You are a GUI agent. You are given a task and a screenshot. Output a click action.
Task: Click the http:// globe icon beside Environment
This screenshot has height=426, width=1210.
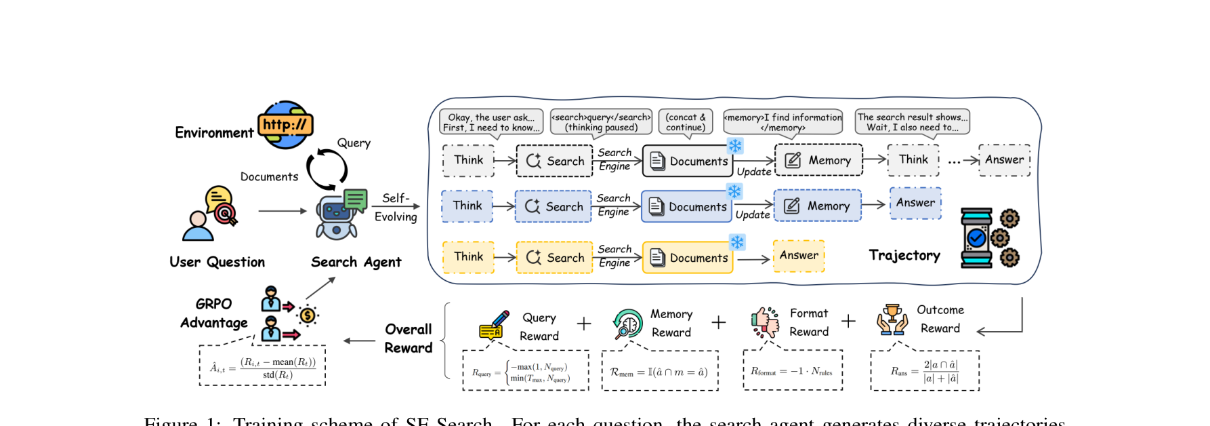click(286, 125)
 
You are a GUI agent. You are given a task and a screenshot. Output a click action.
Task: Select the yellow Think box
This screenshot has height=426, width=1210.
click(468, 257)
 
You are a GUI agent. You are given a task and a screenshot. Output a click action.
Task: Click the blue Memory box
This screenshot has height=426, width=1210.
click(818, 206)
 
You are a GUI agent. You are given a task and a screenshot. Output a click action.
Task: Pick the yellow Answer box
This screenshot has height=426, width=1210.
click(799, 256)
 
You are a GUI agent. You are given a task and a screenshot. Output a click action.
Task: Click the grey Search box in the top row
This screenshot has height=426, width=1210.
click(554, 161)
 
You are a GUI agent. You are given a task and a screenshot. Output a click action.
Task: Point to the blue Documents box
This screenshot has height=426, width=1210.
click(687, 207)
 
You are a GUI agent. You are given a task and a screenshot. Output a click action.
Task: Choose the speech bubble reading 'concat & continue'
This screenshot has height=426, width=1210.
click(685, 122)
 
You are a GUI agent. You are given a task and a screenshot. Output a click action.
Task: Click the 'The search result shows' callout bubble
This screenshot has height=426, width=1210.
click(912, 122)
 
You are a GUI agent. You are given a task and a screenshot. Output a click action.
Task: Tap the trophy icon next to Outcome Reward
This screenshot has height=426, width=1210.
click(892, 319)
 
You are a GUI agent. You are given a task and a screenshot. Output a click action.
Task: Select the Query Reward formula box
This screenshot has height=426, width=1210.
click(526, 370)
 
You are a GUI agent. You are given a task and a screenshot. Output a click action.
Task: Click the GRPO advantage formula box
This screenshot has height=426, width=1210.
click(262, 366)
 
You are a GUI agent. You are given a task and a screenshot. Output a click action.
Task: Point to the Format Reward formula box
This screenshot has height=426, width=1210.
click(793, 370)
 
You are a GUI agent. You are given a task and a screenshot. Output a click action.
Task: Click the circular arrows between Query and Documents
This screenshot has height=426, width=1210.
click(327, 169)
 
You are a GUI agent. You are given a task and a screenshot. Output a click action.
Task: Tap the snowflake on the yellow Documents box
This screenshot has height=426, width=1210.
click(737, 242)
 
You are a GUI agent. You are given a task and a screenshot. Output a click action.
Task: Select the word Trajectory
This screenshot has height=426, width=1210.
click(904, 255)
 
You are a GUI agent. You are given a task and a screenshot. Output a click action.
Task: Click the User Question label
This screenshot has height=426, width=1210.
click(217, 262)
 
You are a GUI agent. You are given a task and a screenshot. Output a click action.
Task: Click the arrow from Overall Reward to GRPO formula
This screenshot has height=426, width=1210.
click(359, 341)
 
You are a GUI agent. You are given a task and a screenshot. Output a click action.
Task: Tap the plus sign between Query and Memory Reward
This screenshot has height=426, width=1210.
click(584, 324)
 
